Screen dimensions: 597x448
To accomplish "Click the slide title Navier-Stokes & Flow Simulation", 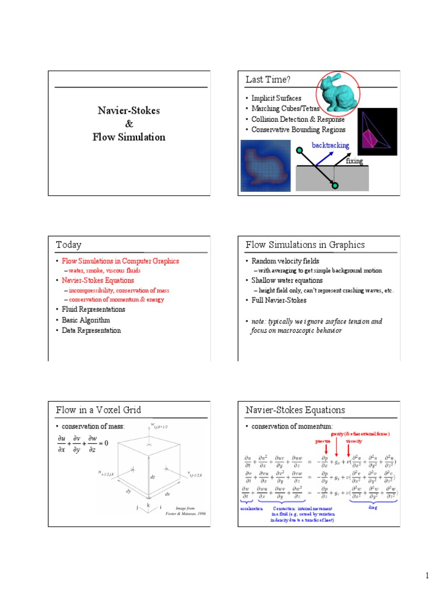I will click(129, 124).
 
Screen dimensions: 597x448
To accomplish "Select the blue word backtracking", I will click(330, 145).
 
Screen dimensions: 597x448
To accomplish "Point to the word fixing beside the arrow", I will click(354, 160).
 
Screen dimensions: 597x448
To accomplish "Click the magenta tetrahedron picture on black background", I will click(377, 132).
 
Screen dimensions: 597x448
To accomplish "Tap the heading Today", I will click(69, 245).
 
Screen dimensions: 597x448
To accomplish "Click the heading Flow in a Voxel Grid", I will click(98, 410).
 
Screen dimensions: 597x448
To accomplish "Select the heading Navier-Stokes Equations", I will click(295, 410).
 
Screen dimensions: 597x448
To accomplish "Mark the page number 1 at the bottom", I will click(427, 576).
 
